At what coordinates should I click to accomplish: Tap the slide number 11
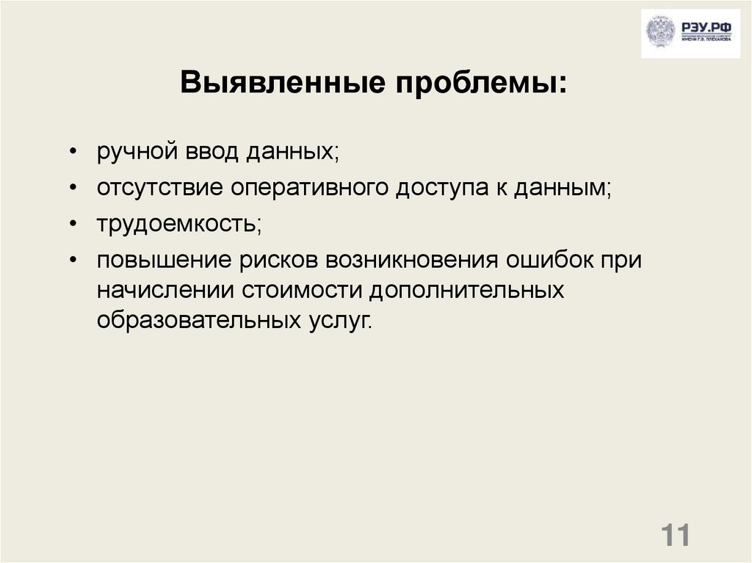[676, 535]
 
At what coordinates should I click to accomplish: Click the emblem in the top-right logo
[659, 33]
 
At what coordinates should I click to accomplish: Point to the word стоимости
[301, 290]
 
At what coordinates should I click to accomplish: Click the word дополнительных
[466, 290]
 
